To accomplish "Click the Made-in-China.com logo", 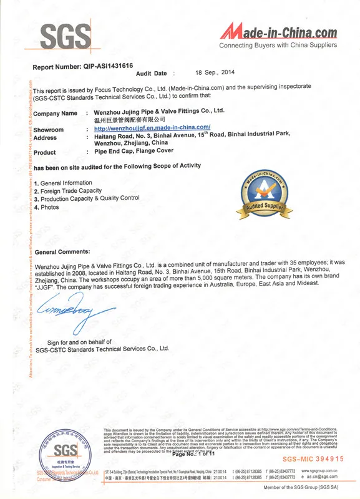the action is (279, 31).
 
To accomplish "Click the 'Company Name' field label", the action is (55, 114).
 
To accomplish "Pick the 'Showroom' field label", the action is (49, 128).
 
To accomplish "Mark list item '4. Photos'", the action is (46, 206).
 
